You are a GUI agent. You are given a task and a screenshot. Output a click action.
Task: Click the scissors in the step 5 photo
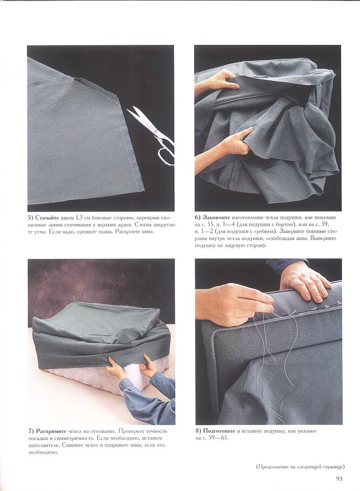click(152, 133)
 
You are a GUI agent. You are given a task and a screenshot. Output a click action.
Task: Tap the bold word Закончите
click(216, 217)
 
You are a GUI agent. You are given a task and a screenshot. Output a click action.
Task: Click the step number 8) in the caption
click(198, 431)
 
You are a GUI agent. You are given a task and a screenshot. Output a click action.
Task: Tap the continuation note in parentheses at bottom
click(300, 466)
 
